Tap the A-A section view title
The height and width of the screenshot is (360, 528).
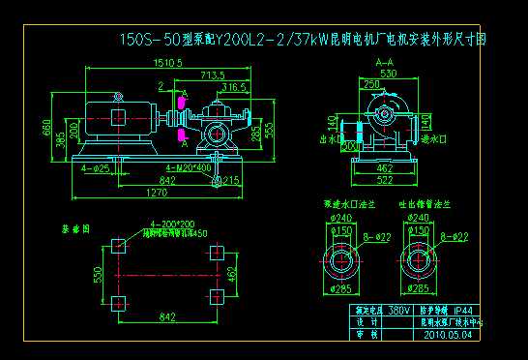(383, 61)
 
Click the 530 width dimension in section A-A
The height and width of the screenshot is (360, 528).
(387, 73)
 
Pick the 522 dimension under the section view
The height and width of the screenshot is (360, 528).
(385, 180)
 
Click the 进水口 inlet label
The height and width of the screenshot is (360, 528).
(431, 139)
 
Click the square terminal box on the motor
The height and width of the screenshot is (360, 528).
(117, 117)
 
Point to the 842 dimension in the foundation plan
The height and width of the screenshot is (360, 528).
(166, 316)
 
